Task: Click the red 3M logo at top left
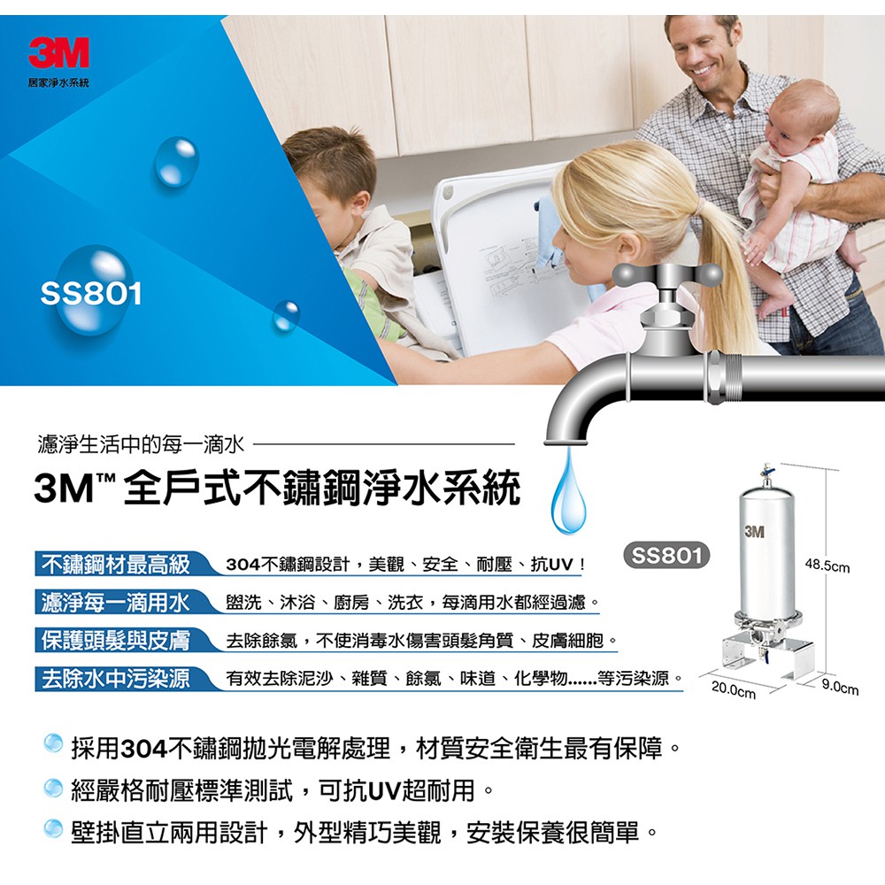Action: click(x=58, y=52)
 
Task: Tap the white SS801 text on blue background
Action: click(x=91, y=294)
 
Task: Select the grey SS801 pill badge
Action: click(x=666, y=556)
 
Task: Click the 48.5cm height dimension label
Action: click(x=827, y=565)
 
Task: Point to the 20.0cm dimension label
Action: click(x=733, y=689)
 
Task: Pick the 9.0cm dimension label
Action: click(x=840, y=687)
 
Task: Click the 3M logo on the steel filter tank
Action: click(x=754, y=531)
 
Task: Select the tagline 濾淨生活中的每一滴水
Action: click(x=141, y=445)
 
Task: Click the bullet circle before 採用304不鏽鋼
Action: click(x=53, y=743)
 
